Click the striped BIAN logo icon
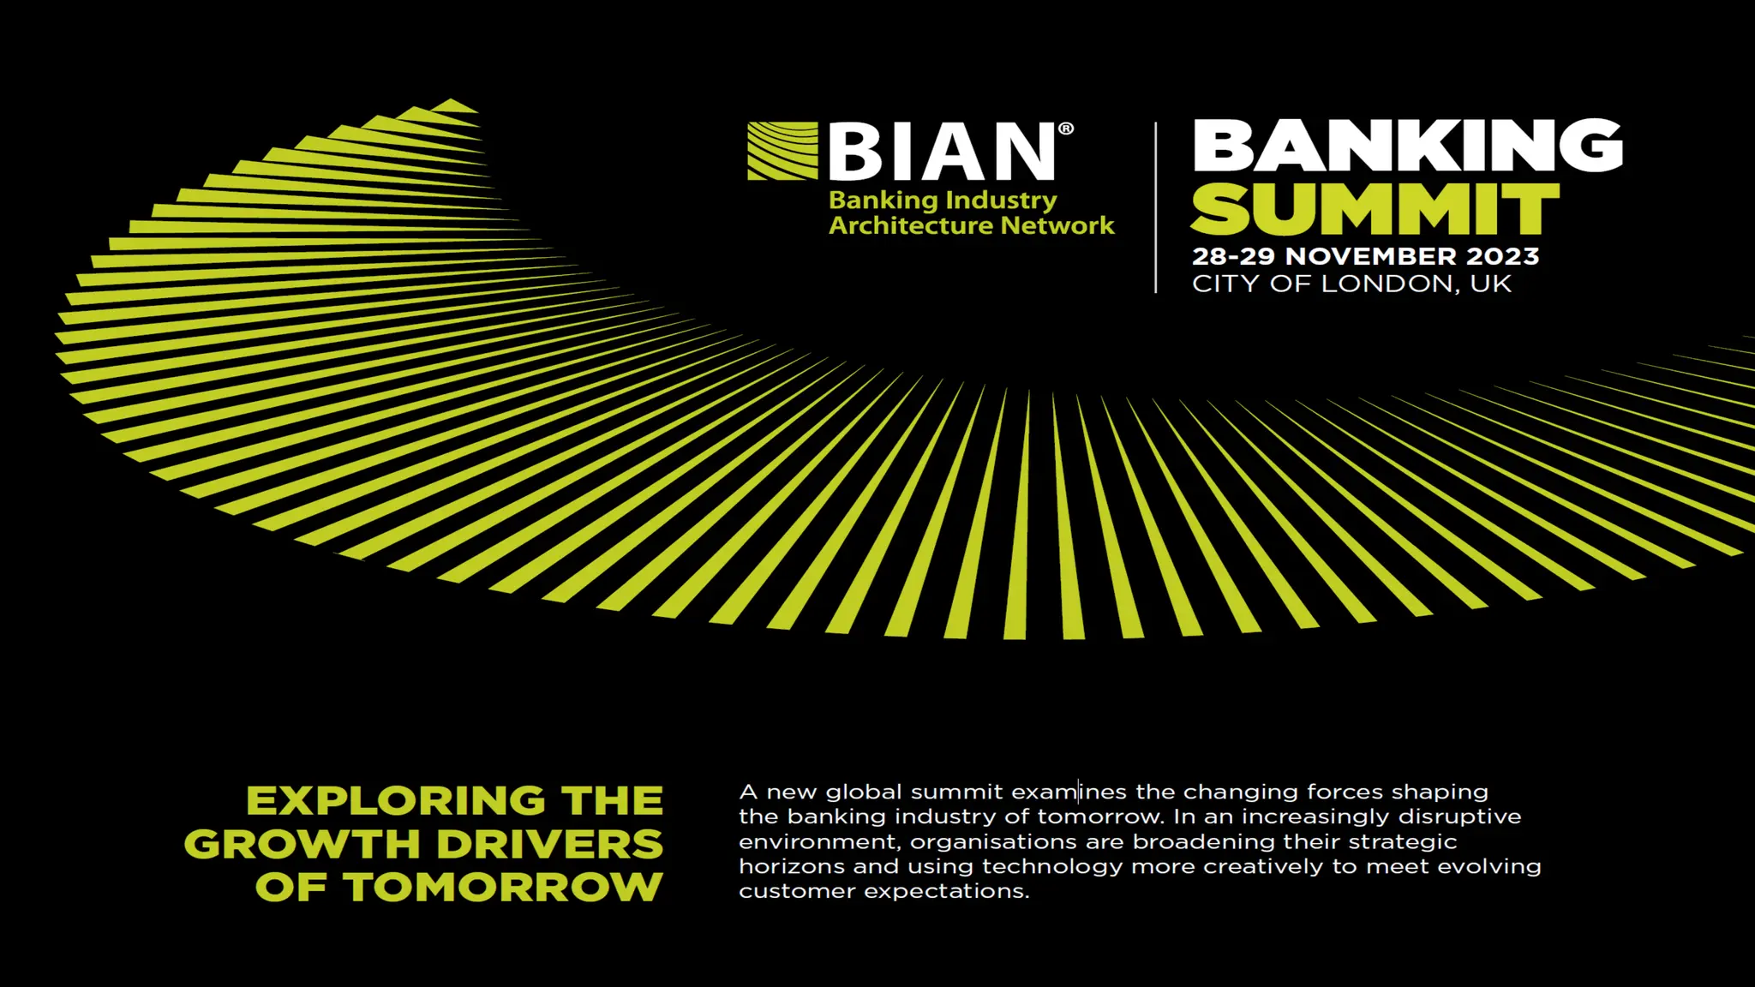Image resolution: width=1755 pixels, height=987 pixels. click(x=782, y=151)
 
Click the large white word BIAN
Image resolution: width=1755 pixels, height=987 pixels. click(x=942, y=152)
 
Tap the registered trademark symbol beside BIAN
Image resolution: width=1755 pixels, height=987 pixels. click(x=1066, y=129)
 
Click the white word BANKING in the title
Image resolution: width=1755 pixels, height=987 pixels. click(x=1407, y=146)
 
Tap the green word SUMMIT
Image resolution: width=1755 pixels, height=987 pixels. click(x=1375, y=208)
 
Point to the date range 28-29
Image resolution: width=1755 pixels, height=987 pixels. click(x=1234, y=256)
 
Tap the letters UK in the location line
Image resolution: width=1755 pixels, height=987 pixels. click(x=1491, y=284)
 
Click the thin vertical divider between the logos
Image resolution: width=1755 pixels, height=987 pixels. click(x=1156, y=208)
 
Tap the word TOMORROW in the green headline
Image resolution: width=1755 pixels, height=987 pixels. click(x=504, y=887)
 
